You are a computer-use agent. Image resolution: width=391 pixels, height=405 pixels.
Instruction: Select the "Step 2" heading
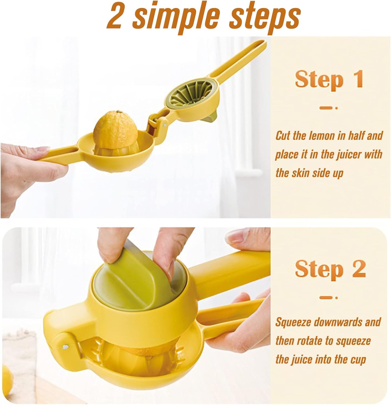330,269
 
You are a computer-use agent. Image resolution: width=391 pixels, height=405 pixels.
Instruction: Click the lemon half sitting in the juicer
116,133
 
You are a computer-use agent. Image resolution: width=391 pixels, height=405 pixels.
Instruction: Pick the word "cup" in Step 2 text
358,360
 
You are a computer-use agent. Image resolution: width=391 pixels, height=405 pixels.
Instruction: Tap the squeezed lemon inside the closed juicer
135,351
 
